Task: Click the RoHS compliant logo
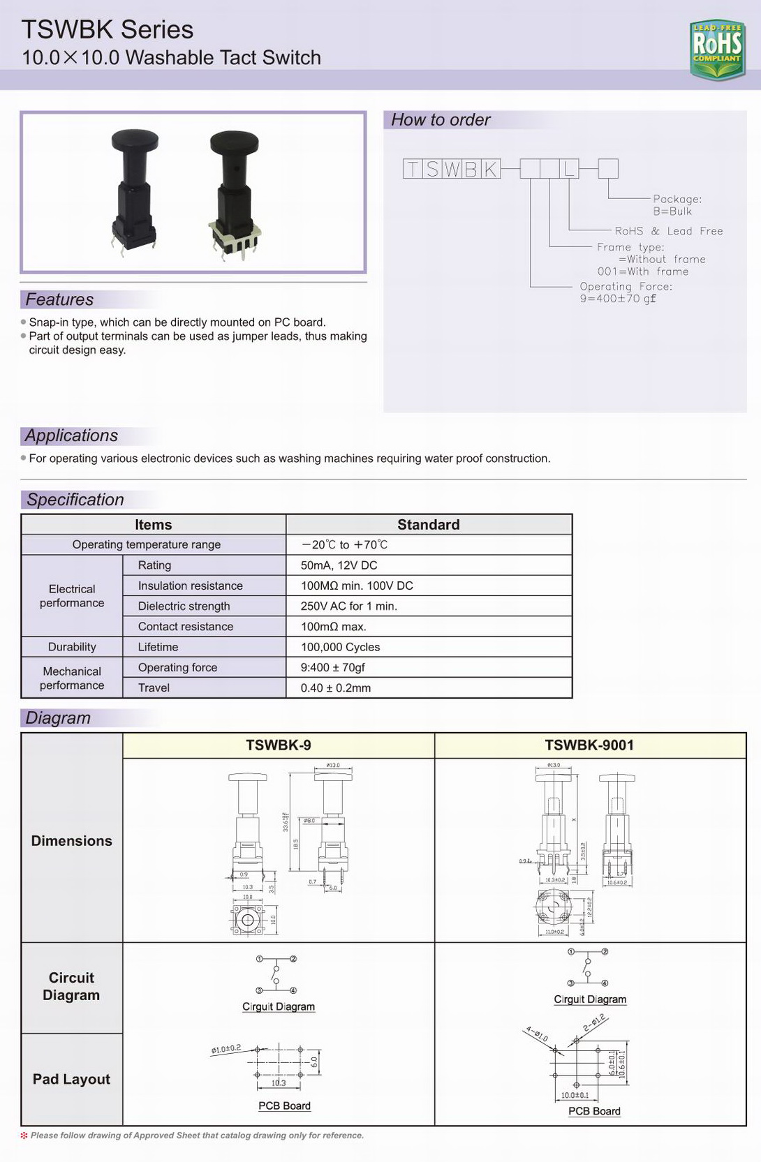click(x=716, y=49)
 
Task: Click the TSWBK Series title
click(x=108, y=29)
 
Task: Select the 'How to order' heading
click(x=441, y=120)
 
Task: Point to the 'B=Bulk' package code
click(x=672, y=211)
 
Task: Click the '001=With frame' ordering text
click(x=642, y=271)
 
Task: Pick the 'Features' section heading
click(x=59, y=299)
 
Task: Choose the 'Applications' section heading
click(x=71, y=435)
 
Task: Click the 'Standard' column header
click(x=428, y=525)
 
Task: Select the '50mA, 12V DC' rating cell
click(x=339, y=565)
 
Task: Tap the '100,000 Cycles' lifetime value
click(x=340, y=647)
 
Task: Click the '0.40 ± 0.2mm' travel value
click(x=335, y=688)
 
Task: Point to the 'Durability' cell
click(x=72, y=647)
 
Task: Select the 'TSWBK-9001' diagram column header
click(x=589, y=745)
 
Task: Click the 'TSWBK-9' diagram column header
click(x=278, y=745)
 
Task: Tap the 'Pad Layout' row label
click(x=71, y=1079)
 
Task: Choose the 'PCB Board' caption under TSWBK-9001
click(x=594, y=1111)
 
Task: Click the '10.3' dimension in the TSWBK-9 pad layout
click(x=279, y=1083)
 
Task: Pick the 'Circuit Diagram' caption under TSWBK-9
click(x=279, y=1006)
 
